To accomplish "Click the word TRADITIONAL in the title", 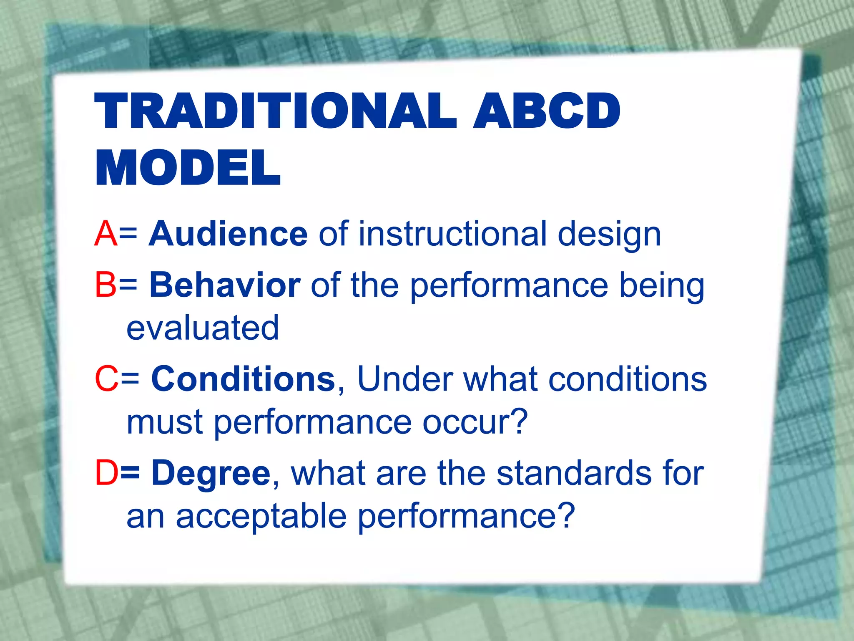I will [x=275, y=111].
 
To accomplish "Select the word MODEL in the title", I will [x=188, y=168].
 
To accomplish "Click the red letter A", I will [x=105, y=234].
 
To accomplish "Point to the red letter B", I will [x=105, y=285].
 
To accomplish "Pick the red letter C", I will [x=107, y=379].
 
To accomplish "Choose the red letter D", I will [x=106, y=473].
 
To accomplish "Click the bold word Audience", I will [x=229, y=234].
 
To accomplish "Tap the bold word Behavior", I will [x=225, y=285].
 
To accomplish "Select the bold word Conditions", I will [x=243, y=379].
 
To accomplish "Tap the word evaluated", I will [x=203, y=328].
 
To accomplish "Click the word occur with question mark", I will [x=475, y=422].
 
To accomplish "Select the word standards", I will [x=574, y=473].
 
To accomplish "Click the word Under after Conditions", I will [x=405, y=379].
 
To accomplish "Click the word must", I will [x=165, y=422].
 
